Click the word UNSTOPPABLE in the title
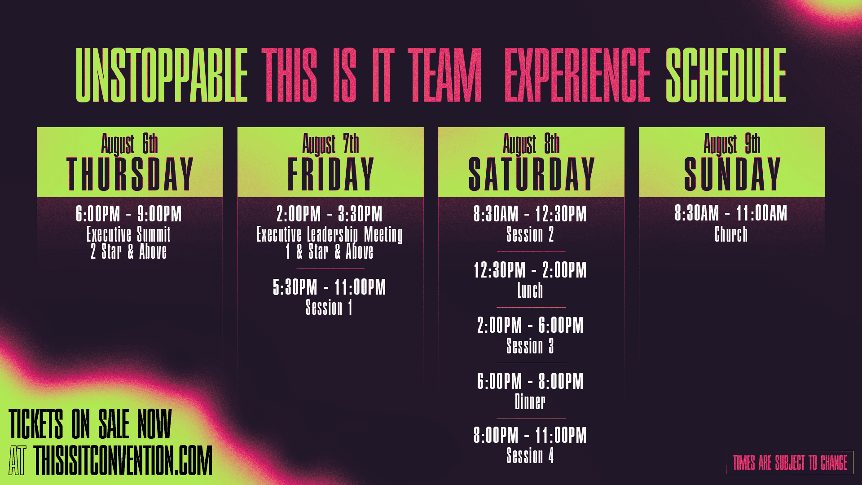pos(162,75)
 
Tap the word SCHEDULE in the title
pos(726,75)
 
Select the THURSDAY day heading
pos(130,174)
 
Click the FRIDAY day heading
pos(330,174)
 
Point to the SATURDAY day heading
pos(531,174)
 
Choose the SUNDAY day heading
pos(732,174)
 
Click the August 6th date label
pos(129,144)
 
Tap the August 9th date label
pos(732,144)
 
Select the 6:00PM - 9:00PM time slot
pos(129,214)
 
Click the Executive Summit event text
pos(129,234)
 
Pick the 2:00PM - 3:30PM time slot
pos(330,214)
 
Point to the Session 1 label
pos(329,308)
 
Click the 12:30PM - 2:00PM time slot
pos(530,270)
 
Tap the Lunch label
pos(530,291)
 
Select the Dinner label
pos(530,401)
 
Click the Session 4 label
pos(530,456)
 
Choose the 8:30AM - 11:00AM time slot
pos(731,213)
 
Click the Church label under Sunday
pos(731,234)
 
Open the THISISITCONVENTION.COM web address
pos(123,460)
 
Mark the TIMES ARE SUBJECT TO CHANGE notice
pos(790,463)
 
